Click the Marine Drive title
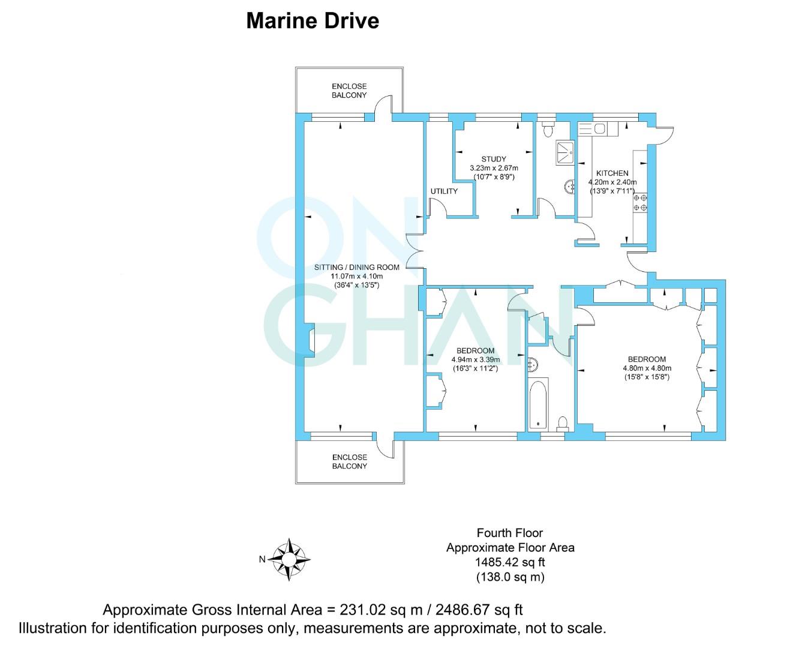pos(313,21)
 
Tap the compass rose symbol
pos(289,559)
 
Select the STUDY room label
pos(493,159)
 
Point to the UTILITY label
pos(444,191)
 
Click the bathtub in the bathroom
pos(539,404)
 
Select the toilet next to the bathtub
pos(563,424)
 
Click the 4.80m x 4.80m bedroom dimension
pos(647,368)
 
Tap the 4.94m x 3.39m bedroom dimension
pos(475,360)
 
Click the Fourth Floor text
pos(510,532)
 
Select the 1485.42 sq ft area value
pos(510,562)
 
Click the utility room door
pos(437,210)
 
